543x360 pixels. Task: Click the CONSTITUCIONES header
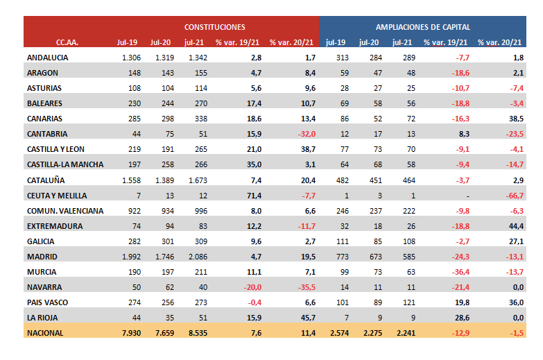214,27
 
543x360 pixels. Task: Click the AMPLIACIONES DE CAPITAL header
422,27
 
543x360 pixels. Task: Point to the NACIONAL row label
45,332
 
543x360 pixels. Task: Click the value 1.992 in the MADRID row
130,256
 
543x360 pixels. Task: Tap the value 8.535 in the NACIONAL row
195,332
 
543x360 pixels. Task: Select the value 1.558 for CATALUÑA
130,180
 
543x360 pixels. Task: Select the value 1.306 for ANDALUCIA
130,58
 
